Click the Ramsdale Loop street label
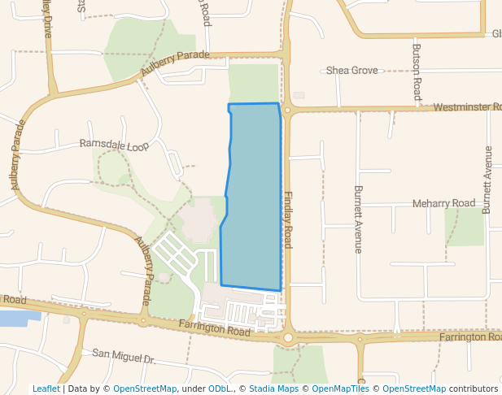pyautogui.click(x=114, y=145)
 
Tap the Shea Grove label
pyautogui.click(x=352, y=71)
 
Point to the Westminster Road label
pyautogui.click(x=466, y=107)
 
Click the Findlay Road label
pyautogui.click(x=288, y=219)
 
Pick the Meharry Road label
pyautogui.click(x=443, y=203)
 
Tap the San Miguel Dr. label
pyautogui.click(x=123, y=354)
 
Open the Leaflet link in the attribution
pyautogui.click(x=46, y=388)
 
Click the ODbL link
pyautogui.click(x=220, y=388)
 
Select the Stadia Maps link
pyautogui.click(x=273, y=388)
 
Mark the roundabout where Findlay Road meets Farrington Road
pyautogui.click(x=288, y=336)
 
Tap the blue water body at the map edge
pyautogui.click(x=13, y=317)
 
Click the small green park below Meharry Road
pyautogui.click(x=465, y=227)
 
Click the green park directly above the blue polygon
pyautogui.click(x=253, y=83)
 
